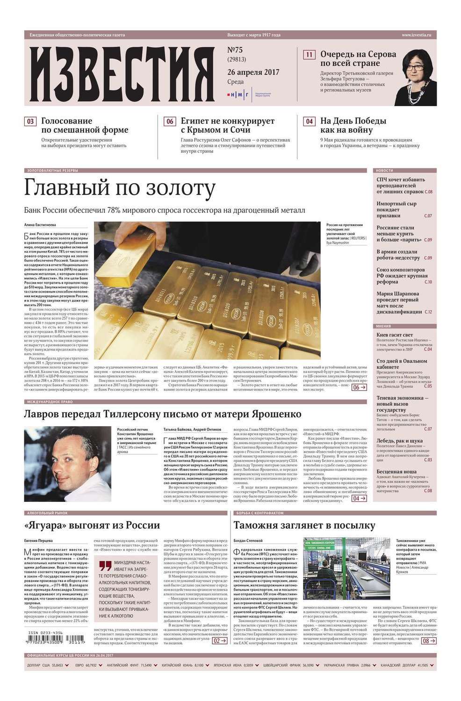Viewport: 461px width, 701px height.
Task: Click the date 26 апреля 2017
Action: click(253, 72)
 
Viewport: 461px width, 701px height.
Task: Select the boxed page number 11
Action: click(309, 55)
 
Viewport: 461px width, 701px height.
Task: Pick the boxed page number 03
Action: click(30, 122)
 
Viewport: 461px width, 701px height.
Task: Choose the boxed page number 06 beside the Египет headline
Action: click(170, 122)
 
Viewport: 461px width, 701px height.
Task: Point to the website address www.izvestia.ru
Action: click(416, 35)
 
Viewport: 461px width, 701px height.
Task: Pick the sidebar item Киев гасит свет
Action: click(395, 335)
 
